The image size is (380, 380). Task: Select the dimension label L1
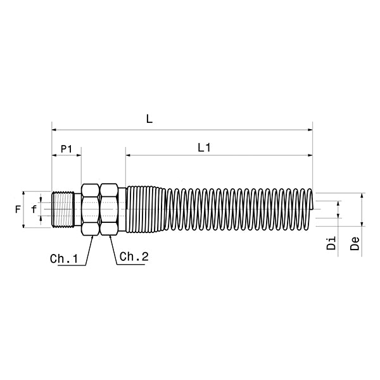[x=204, y=148]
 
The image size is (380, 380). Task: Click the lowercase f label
[x=34, y=209]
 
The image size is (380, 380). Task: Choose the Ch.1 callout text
[x=63, y=259]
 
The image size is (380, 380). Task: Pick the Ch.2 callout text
[x=134, y=256]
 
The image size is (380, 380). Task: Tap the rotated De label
[x=355, y=243]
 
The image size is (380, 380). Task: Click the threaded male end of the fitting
[x=64, y=209]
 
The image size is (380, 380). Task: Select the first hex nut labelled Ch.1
[x=89, y=209]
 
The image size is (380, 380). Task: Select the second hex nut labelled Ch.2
[x=109, y=209]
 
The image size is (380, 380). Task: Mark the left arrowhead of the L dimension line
[x=54, y=130]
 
